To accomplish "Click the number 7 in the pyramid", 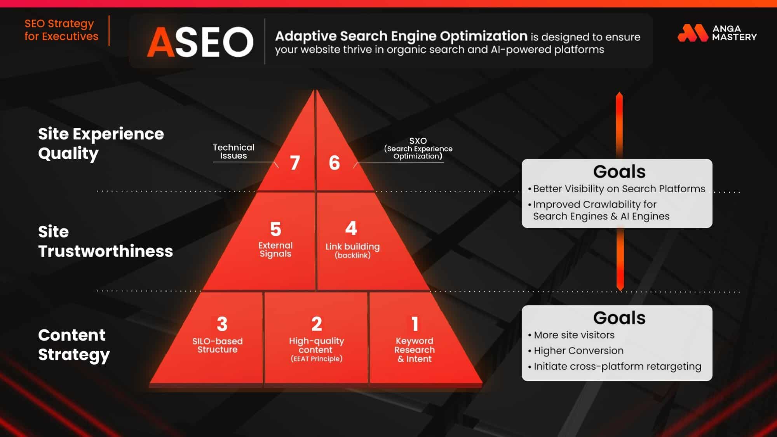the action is coord(295,162).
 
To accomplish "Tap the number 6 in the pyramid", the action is coord(334,162).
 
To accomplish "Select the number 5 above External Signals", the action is coord(275,229).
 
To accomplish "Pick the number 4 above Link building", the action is coord(351,228).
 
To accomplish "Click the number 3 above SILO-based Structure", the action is coord(222,324).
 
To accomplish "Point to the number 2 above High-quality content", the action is coord(317,324).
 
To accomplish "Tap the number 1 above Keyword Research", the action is coord(415,324).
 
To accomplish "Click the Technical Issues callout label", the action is coord(233,151).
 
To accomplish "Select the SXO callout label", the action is coord(418,148).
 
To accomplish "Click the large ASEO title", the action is coord(200,42).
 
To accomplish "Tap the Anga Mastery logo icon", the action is coord(693,33).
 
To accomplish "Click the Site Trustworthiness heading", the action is coord(105,241).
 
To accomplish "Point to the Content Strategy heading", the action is coord(74,345).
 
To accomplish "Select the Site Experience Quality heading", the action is coord(101,143).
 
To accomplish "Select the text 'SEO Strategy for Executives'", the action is coord(61,30).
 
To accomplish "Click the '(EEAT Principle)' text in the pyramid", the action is coord(317,359).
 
